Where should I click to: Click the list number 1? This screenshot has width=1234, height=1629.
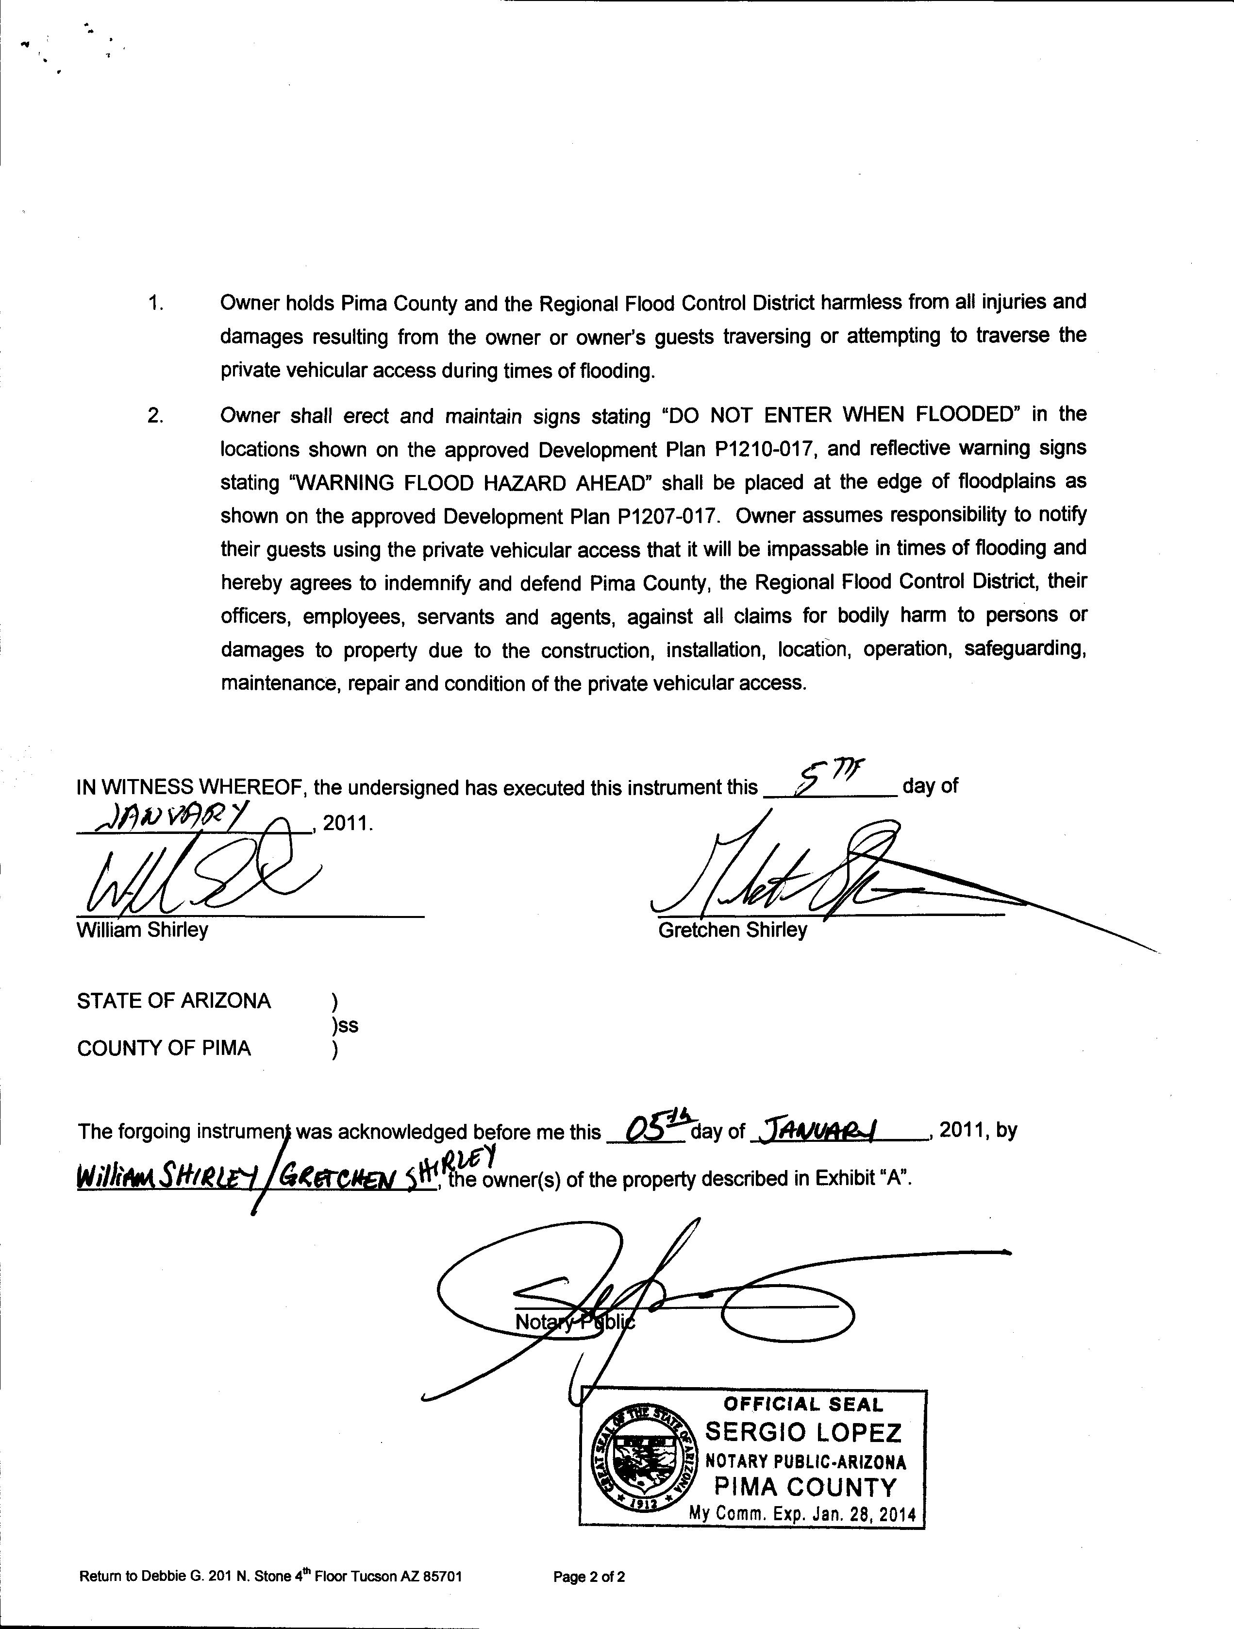[x=155, y=303]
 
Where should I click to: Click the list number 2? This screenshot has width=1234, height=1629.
[x=155, y=416]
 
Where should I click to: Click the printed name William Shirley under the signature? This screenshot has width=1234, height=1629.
[x=142, y=930]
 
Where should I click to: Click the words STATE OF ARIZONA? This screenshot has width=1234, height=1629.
[x=174, y=1001]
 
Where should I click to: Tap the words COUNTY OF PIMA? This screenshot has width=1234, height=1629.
[x=164, y=1049]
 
